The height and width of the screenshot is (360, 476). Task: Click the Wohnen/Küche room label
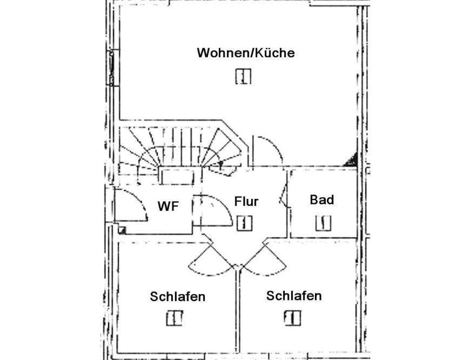coord(246,53)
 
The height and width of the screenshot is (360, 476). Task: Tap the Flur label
coord(246,202)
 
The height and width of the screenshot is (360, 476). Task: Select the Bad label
coord(322,200)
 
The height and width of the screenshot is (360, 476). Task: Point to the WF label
coord(168,206)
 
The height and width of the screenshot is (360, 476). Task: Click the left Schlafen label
coord(178,297)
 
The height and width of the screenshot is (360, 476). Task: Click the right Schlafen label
coord(294,296)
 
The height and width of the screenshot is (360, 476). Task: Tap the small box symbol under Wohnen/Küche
coord(243,76)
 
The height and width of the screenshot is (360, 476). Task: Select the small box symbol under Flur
coord(244,223)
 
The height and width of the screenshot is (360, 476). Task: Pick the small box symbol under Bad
coord(323,223)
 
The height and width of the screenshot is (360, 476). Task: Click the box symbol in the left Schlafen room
coord(175,318)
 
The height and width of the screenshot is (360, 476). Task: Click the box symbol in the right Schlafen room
coord(293,318)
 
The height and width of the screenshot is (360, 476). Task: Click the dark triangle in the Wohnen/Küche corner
coord(351,160)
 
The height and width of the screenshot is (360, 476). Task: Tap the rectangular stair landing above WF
coord(178,176)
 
